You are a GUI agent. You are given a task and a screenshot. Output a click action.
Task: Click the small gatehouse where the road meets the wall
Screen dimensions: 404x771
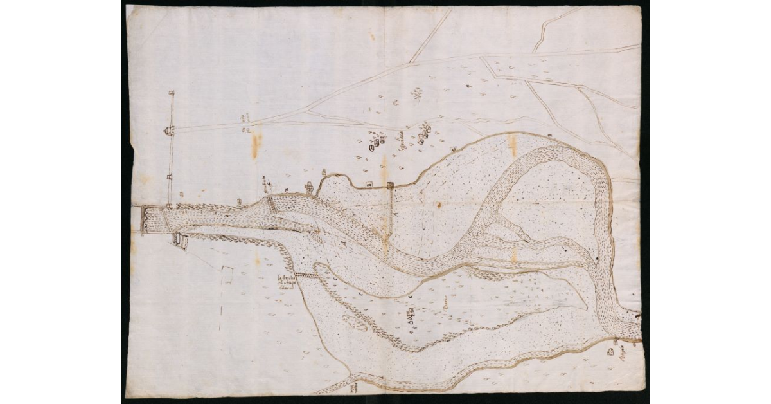tap(168, 131)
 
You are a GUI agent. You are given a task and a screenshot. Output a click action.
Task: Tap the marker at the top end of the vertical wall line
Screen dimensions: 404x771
tap(172, 94)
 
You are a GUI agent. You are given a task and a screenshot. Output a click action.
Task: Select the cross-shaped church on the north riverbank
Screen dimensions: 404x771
tap(310, 188)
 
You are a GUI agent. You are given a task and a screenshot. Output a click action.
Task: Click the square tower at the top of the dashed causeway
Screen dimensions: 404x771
tap(390, 187)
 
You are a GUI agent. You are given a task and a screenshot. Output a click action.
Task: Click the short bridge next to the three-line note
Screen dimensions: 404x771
tap(308, 275)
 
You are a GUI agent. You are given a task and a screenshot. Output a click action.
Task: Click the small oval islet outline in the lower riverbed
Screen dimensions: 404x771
tap(355, 322)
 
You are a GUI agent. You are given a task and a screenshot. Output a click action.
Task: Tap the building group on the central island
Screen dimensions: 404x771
tap(411, 313)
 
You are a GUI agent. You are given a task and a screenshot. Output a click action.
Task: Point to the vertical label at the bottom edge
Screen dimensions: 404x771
tap(352, 386)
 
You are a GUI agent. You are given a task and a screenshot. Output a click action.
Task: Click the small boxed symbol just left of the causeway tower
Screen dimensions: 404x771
tap(369, 185)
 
